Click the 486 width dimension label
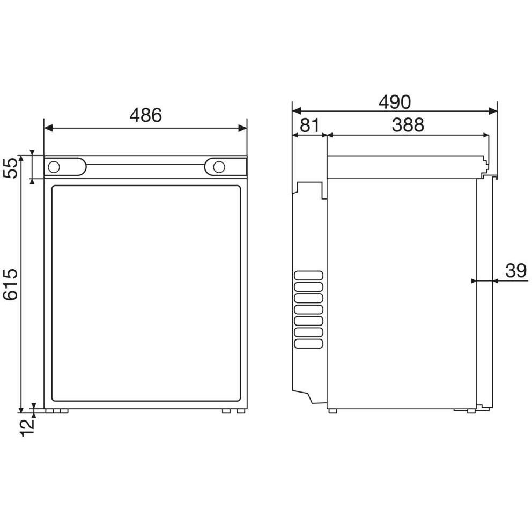pyautogui.click(x=145, y=115)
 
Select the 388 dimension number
pyautogui.click(x=408, y=125)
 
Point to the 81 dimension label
pyautogui.click(x=309, y=125)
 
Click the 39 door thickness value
pyautogui.click(x=516, y=271)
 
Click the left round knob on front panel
pyautogui.click(x=54, y=167)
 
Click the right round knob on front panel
pyautogui.click(x=218, y=167)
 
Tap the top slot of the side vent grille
pyautogui.click(x=309, y=276)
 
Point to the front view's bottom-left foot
pyautogui.click(x=57, y=411)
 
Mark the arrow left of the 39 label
pyautogui.click(x=473, y=280)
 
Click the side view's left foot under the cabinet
pyautogui.click(x=332, y=411)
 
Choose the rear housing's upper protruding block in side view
pyautogui.click(x=309, y=188)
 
